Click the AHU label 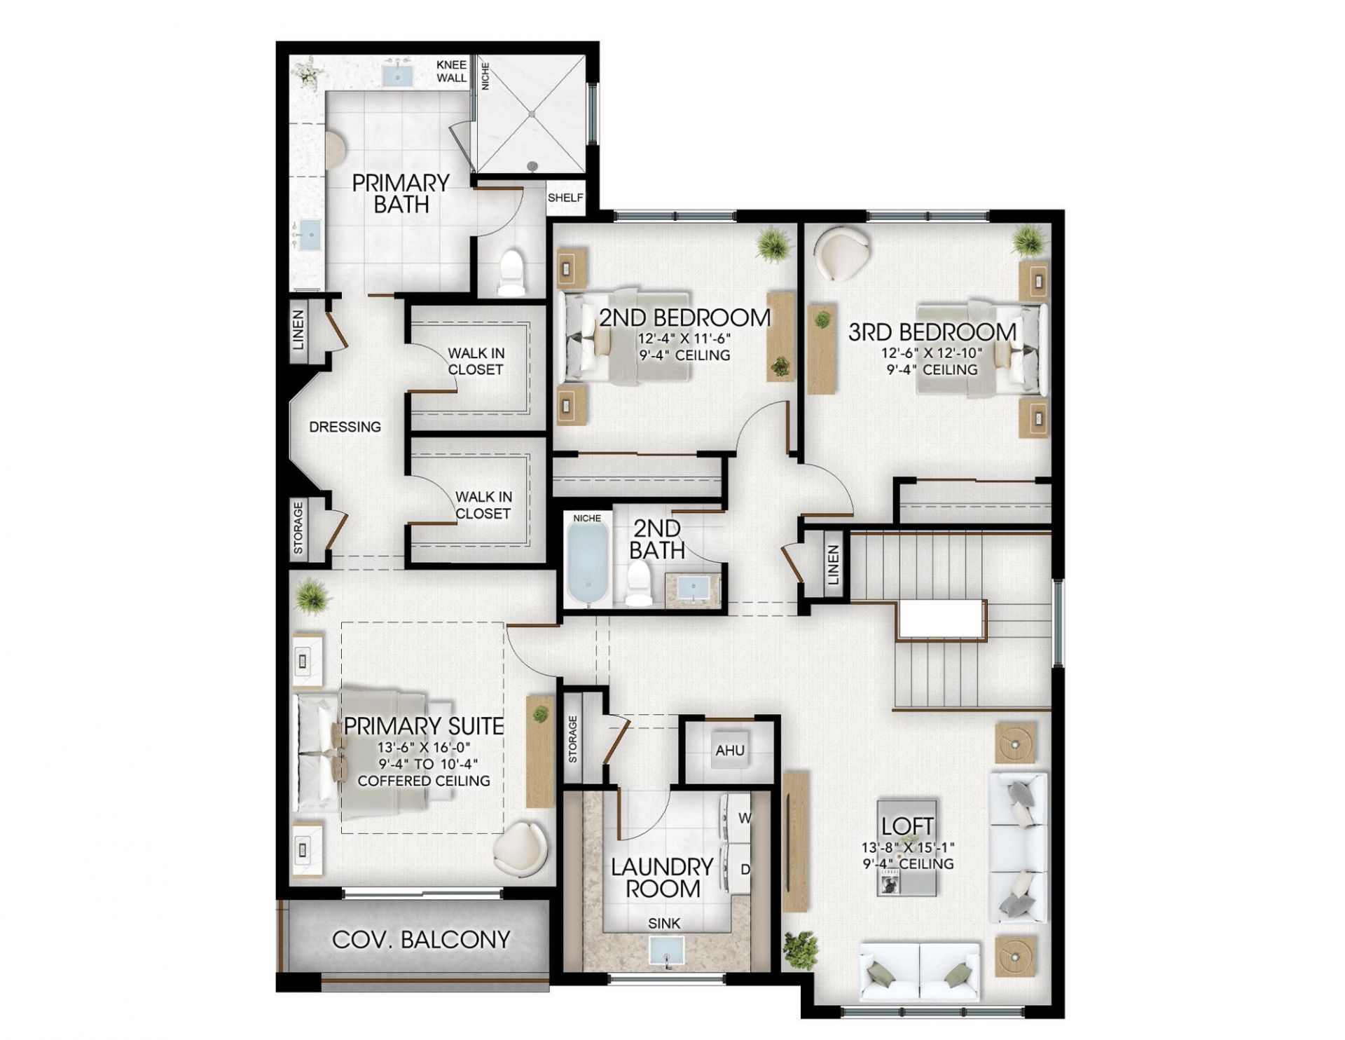(x=729, y=751)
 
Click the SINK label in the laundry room (x=663, y=923)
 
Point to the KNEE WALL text (x=451, y=71)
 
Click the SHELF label (x=565, y=198)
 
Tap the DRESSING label (x=345, y=427)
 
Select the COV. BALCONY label (x=420, y=940)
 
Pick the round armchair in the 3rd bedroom (x=843, y=254)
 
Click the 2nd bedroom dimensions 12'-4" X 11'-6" (x=684, y=338)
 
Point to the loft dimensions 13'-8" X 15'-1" (x=907, y=847)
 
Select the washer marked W (x=737, y=817)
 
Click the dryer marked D (x=738, y=869)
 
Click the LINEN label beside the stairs (x=832, y=565)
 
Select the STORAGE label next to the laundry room (x=573, y=739)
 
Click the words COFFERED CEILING (x=423, y=781)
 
